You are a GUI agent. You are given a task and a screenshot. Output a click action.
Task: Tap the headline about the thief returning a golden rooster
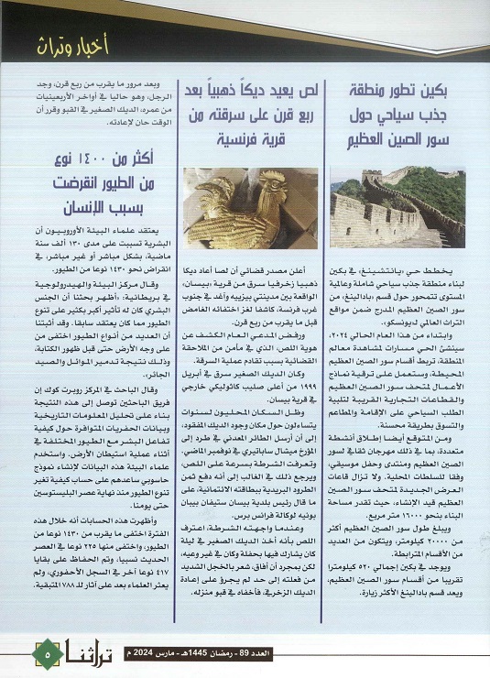pyautogui.click(x=245, y=115)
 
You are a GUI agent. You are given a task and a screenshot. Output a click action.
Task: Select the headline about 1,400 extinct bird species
pyautogui.click(x=94, y=184)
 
